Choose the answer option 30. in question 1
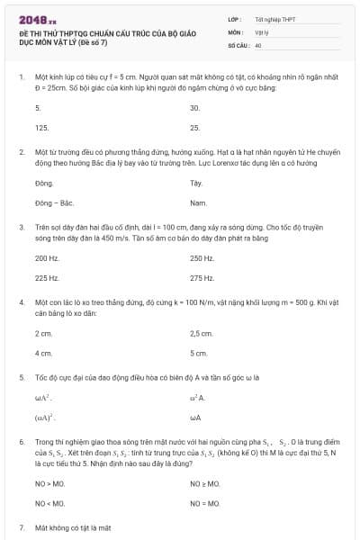tap(194, 107)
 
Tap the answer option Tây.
tap(196, 183)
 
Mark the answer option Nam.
tap(198, 202)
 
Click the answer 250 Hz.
tap(202, 258)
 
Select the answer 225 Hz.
tap(47, 278)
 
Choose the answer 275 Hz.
tap(202, 278)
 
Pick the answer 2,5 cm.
tap(201, 333)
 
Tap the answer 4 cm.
tap(43, 353)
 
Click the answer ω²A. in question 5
tap(198, 397)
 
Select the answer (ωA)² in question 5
tap(44, 418)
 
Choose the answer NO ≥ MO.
tap(204, 483)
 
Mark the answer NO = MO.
tap(204, 503)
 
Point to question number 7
tap(21, 526)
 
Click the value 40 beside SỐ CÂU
tap(258, 44)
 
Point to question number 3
tap(21, 229)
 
